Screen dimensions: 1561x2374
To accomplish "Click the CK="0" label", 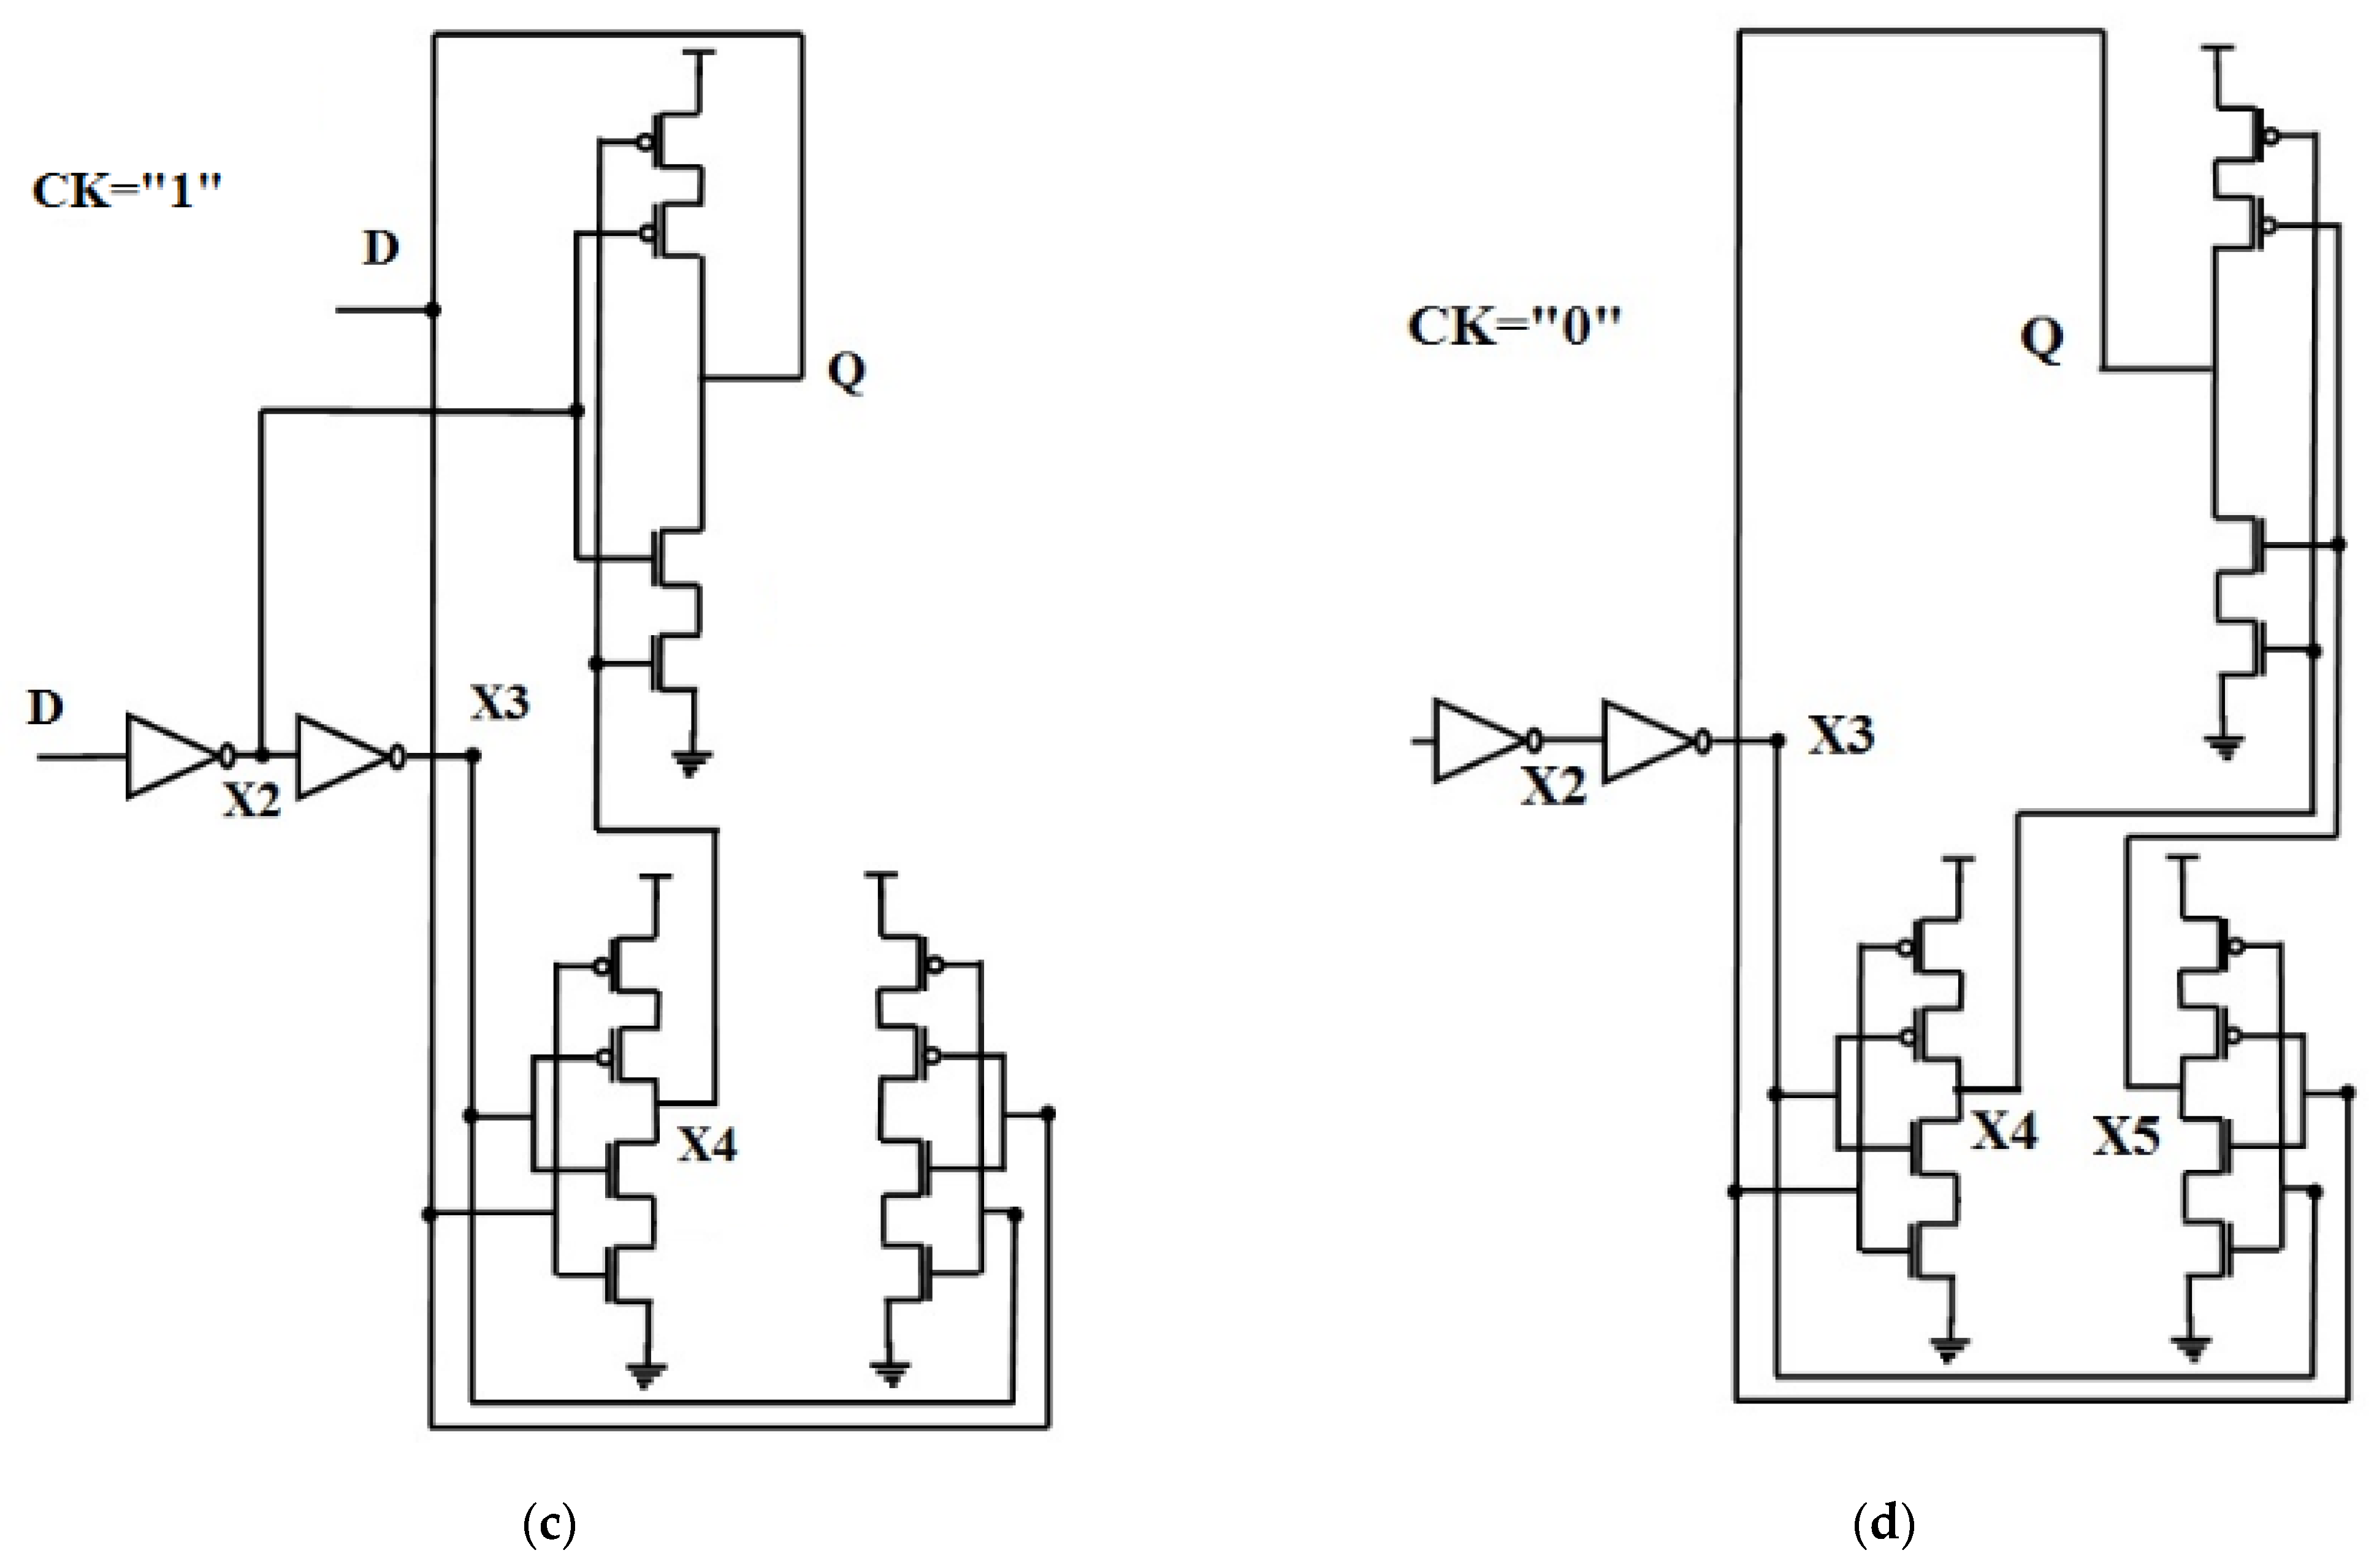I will [1514, 326].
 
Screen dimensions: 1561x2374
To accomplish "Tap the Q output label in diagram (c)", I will [846, 372].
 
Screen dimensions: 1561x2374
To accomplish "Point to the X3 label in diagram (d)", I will [1841, 735].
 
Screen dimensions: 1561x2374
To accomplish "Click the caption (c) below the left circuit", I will [549, 1523].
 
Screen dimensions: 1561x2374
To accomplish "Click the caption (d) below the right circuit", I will [1884, 1523].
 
